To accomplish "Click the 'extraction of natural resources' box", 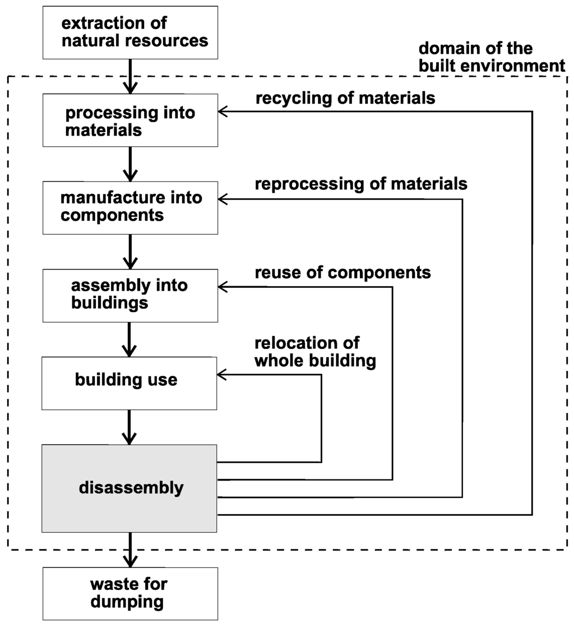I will pos(129,32).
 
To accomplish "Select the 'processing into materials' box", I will pos(129,120).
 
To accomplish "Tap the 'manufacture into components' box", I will pos(129,207).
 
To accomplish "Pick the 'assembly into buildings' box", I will pos(129,295).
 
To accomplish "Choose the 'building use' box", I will pos(129,380).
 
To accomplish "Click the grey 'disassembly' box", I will pos(129,488).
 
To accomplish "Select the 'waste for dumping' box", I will pos(129,594).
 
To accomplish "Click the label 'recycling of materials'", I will pos(345,98).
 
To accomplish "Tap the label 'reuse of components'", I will pos(342,273).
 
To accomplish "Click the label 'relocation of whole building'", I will pos(314,352).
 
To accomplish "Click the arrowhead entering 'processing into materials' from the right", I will pos(223,112).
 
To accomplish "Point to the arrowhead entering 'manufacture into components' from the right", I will pos(223,199).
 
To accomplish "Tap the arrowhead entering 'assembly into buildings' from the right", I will pos(223,287).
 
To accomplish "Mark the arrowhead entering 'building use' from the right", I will pos(223,374).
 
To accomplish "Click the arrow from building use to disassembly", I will pos(129,427).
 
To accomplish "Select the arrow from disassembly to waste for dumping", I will pos(129,550).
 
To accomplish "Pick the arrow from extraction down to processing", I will pos(129,77).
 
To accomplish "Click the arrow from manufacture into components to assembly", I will pos(129,252).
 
